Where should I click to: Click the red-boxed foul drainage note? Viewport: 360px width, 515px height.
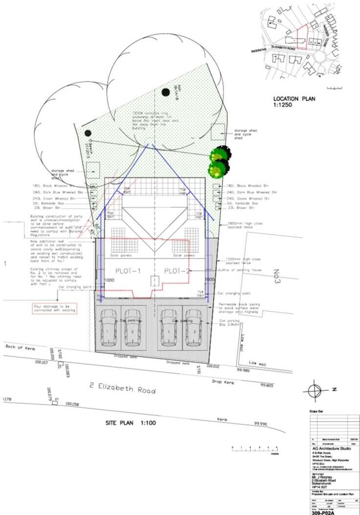(55, 309)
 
